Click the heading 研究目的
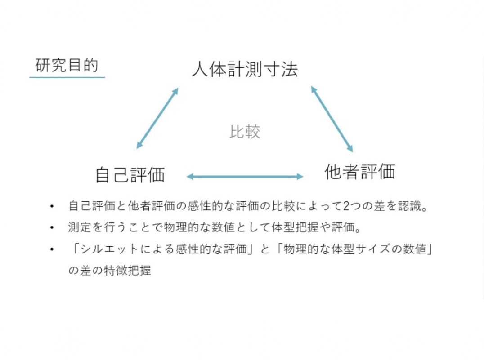(67, 65)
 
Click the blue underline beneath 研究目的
(67, 77)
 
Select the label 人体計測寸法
(245, 69)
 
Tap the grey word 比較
(245, 132)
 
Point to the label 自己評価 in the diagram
(130, 174)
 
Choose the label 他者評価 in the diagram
(360, 172)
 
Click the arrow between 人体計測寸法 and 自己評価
(157, 118)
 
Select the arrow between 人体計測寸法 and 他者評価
(332, 119)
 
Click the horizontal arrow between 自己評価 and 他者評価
(245, 177)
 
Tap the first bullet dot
(52, 206)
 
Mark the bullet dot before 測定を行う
(52, 228)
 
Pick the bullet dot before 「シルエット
(52, 249)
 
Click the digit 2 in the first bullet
(346, 206)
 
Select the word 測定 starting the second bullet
(80, 228)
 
